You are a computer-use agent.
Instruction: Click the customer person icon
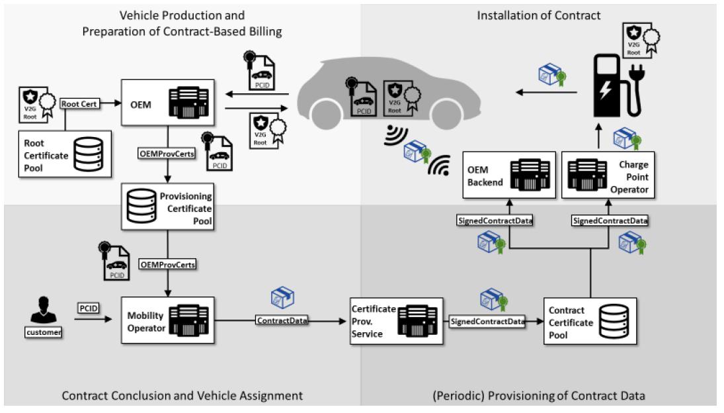[44, 310]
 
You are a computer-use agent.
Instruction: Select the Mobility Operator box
[167, 320]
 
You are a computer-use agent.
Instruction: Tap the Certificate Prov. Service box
[397, 321]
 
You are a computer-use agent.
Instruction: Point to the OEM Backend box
[509, 175]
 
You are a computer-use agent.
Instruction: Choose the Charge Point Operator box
[608, 175]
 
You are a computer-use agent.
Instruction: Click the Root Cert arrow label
[79, 104]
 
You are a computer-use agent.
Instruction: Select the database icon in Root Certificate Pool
[88, 154]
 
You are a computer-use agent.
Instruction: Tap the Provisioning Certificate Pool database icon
[141, 206]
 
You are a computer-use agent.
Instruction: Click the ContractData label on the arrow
[282, 320]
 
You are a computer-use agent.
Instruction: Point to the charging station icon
[618, 86]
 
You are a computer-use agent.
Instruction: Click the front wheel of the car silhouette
[327, 114]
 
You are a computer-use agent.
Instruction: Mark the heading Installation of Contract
[538, 16]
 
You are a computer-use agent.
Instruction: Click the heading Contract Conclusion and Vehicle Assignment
[182, 396]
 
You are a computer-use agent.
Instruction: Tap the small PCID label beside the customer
[89, 308]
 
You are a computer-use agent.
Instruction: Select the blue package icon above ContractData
[282, 298]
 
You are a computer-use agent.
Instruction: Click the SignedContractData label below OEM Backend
[495, 220]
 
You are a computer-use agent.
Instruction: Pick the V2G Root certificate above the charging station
[640, 40]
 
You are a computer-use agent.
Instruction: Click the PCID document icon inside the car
[362, 97]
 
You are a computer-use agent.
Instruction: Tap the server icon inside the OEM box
[189, 103]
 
